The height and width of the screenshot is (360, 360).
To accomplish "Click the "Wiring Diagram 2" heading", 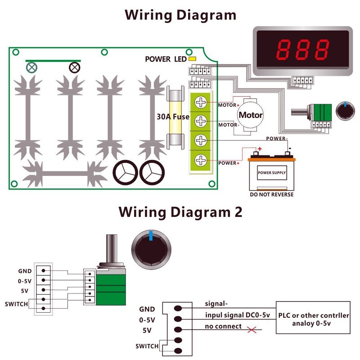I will [x=180, y=211].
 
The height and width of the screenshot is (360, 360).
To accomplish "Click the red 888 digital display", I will [x=302, y=50].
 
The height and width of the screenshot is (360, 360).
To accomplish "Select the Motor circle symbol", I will [x=250, y=115].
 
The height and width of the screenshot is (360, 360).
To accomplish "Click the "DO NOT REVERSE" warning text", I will [x=271, y=194].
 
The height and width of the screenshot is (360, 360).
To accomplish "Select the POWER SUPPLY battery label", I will [x=271, y=173].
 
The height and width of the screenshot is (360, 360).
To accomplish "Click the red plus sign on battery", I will [x=259, y=150].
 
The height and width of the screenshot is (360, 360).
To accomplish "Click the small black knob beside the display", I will [x=345, y=110].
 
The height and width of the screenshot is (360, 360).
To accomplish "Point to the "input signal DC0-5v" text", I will [x=237, y=315].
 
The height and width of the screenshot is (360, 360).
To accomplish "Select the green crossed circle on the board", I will [x=32, y=68].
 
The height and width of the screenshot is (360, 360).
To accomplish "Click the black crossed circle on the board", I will [x=74, y=68].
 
